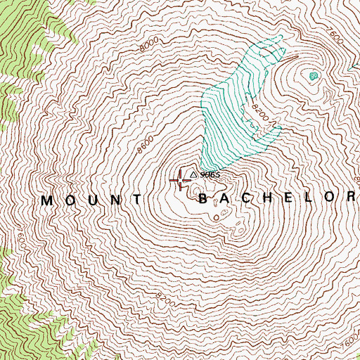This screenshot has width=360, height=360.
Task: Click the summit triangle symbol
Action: click(x=193, y=172)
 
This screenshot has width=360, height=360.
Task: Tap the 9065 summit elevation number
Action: click(x=210, y=174)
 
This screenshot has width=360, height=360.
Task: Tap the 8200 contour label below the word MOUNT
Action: click(x=166, y=298)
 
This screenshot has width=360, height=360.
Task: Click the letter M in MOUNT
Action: click(x=48, y=200)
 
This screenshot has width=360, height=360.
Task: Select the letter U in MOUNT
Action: click(x=93, y=200)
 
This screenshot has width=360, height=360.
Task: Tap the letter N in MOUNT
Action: click(x=115, y=200)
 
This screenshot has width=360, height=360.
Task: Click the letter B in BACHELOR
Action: click(x=204, y=199)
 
